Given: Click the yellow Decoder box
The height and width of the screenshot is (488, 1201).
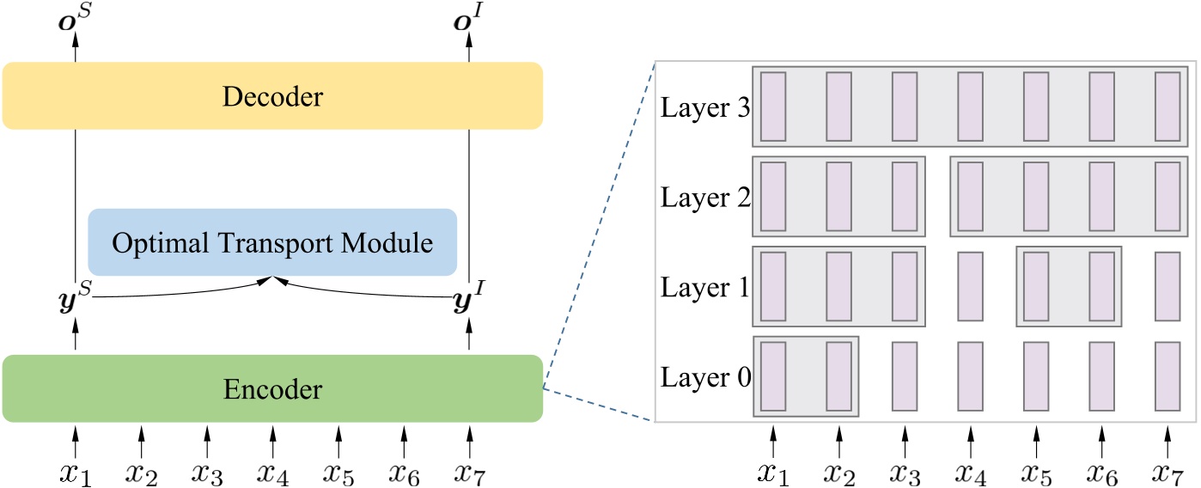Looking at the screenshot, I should coord(272,96).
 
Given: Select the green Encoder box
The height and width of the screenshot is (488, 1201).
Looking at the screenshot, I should coord(272,389).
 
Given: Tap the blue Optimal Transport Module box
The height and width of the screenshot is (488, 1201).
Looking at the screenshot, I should coord(272,242).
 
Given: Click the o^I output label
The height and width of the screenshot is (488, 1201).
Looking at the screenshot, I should coord(469,18).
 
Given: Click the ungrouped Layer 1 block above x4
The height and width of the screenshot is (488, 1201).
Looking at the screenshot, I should coord(970,285).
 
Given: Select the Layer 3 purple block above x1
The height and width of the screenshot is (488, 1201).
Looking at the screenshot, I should coord(773,107).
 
